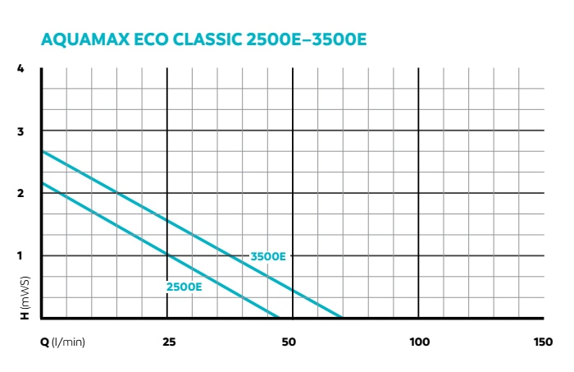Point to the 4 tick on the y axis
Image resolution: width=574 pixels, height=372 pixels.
pyautogui.click(x=21, y=68)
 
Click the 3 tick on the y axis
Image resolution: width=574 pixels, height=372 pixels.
pyautogui.click(x=21, y=131)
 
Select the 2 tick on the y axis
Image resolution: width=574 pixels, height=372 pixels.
pyautogui.click(x=21, y=193)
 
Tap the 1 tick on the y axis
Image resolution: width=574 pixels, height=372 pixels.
pyautogui.click(x=21, y=255)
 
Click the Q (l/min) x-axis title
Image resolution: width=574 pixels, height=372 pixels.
pyautogui.click(x=62, y=341)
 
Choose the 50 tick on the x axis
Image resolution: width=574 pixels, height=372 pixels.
pyautogui.click(x=288, y=341)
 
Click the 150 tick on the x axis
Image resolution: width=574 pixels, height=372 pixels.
pyautogui.click(x=543, y=341)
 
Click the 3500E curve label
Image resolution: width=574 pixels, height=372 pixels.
pyautogui.click(x=269, y=256)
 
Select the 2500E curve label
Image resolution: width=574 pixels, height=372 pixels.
pyautogui.click(x=184, y=287)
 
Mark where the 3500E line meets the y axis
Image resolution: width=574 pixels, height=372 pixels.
pyautogui.click(x=42, y=151)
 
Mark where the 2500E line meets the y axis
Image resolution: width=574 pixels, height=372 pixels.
pyautogui.click(x=42, y=182)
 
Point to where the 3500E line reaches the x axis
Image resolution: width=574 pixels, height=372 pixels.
pyautogui.click(x=342, y=317)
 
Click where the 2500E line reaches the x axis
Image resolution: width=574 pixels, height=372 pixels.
pyautogui.click(x=279, y=317)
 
